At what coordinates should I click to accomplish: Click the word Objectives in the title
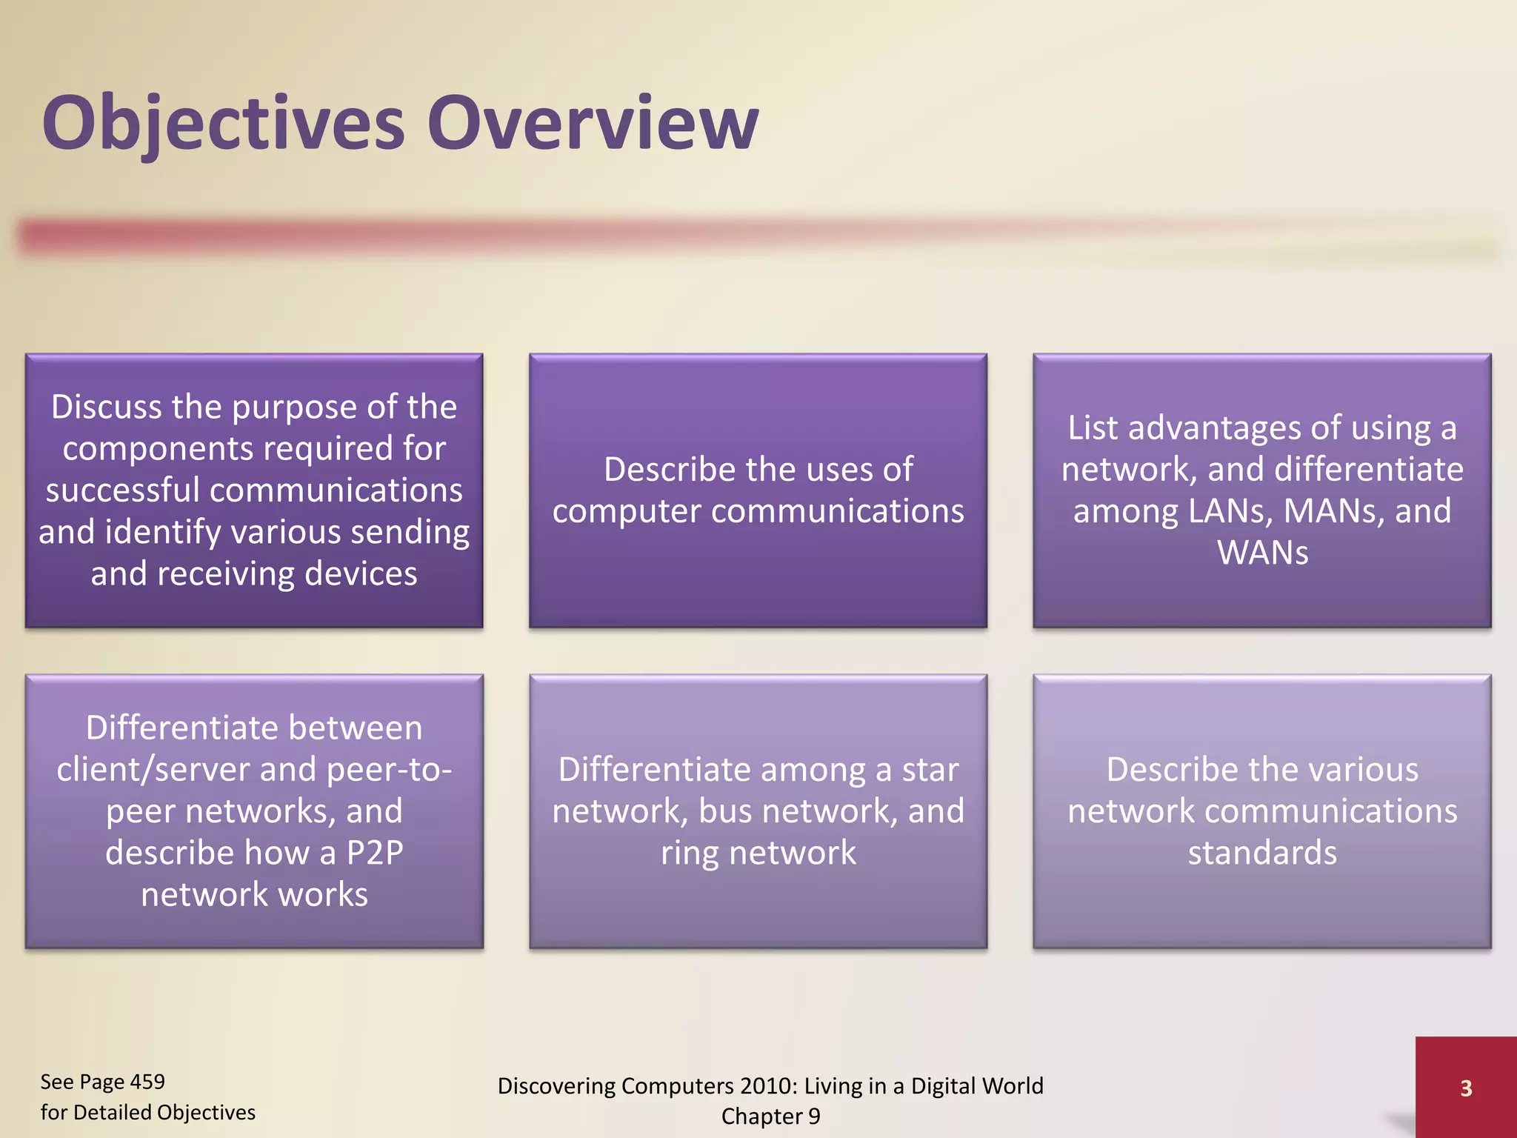[x=222, y=122]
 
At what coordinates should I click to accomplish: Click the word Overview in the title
[x=593, y=122]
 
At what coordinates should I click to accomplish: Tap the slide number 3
[x=1465, y=1088]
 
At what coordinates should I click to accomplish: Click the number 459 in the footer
[x=147, y=1082]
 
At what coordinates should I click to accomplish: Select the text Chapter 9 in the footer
[x=770, y=1116]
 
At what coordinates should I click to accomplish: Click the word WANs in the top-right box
[x=1262, y=553]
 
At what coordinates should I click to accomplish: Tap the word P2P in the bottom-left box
[x=375, y=853]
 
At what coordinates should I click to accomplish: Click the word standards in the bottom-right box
[x=1262, y=853]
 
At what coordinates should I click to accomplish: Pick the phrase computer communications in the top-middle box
[x=758, y=511]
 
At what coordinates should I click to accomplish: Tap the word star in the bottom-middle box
[x=930, y=770]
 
